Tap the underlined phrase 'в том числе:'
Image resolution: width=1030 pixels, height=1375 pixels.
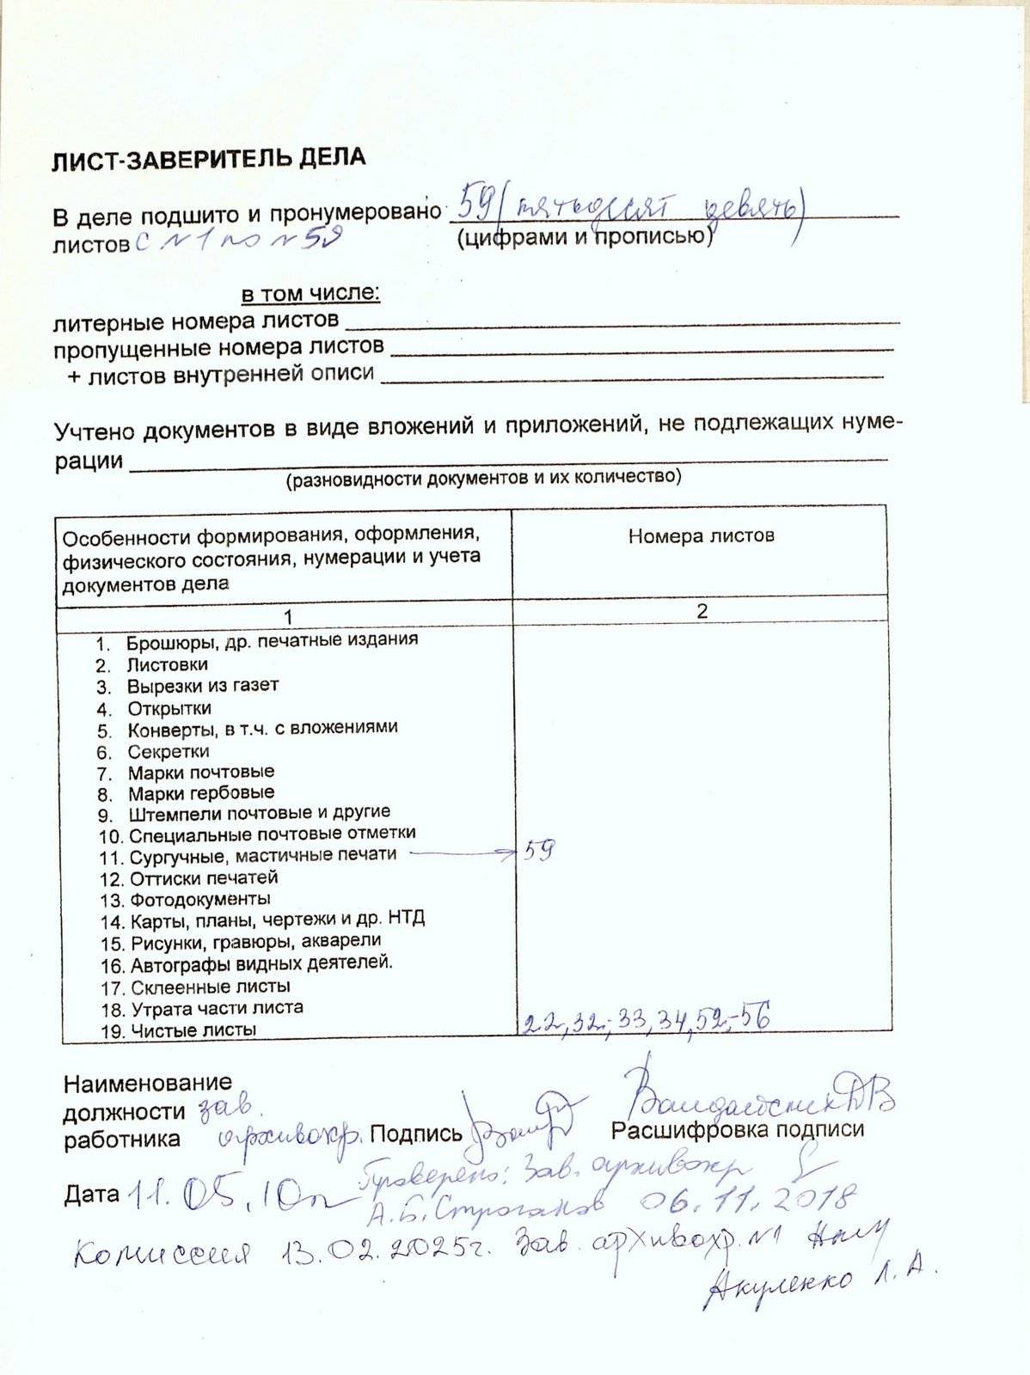point(310,294)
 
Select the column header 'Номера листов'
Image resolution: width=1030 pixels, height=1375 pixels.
point(701,536)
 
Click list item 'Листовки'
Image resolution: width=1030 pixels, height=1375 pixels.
point(167,664)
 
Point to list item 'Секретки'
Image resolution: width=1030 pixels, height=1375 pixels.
point(169,751)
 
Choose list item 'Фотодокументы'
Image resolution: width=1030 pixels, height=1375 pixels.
point(199,900)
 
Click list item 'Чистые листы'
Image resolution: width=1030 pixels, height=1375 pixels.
point(193,1030)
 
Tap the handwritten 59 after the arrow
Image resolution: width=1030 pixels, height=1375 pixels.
point(539,851)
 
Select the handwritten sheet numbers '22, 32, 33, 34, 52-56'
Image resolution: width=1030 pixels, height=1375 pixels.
point(646,1020)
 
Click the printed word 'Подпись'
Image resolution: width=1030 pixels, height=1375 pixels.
point(416,1134)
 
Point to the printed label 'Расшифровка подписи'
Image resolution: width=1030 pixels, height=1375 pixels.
point(737,1129)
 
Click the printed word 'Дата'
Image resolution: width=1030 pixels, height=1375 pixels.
point(91,1194)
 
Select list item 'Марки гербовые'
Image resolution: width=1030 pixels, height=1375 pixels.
point(201,792)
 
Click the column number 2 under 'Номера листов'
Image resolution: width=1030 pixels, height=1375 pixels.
point(702,611)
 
